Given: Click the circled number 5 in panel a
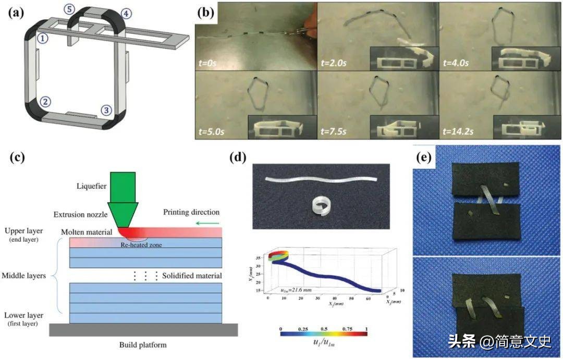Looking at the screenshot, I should coord(69,9).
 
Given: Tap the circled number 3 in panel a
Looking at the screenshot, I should coord(106,110).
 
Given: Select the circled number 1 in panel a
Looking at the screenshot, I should coord(43,38).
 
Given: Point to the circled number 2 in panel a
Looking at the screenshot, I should coord(46,102).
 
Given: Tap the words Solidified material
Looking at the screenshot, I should coord(192,276).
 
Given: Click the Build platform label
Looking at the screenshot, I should coord(143,344).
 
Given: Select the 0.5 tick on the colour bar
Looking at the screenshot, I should coord(324,330).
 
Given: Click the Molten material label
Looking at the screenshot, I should coord(86,231).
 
